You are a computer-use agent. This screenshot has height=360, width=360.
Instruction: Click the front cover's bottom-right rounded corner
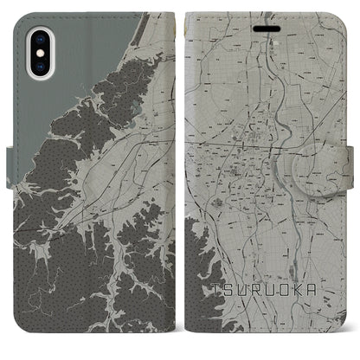click(346, 342)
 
